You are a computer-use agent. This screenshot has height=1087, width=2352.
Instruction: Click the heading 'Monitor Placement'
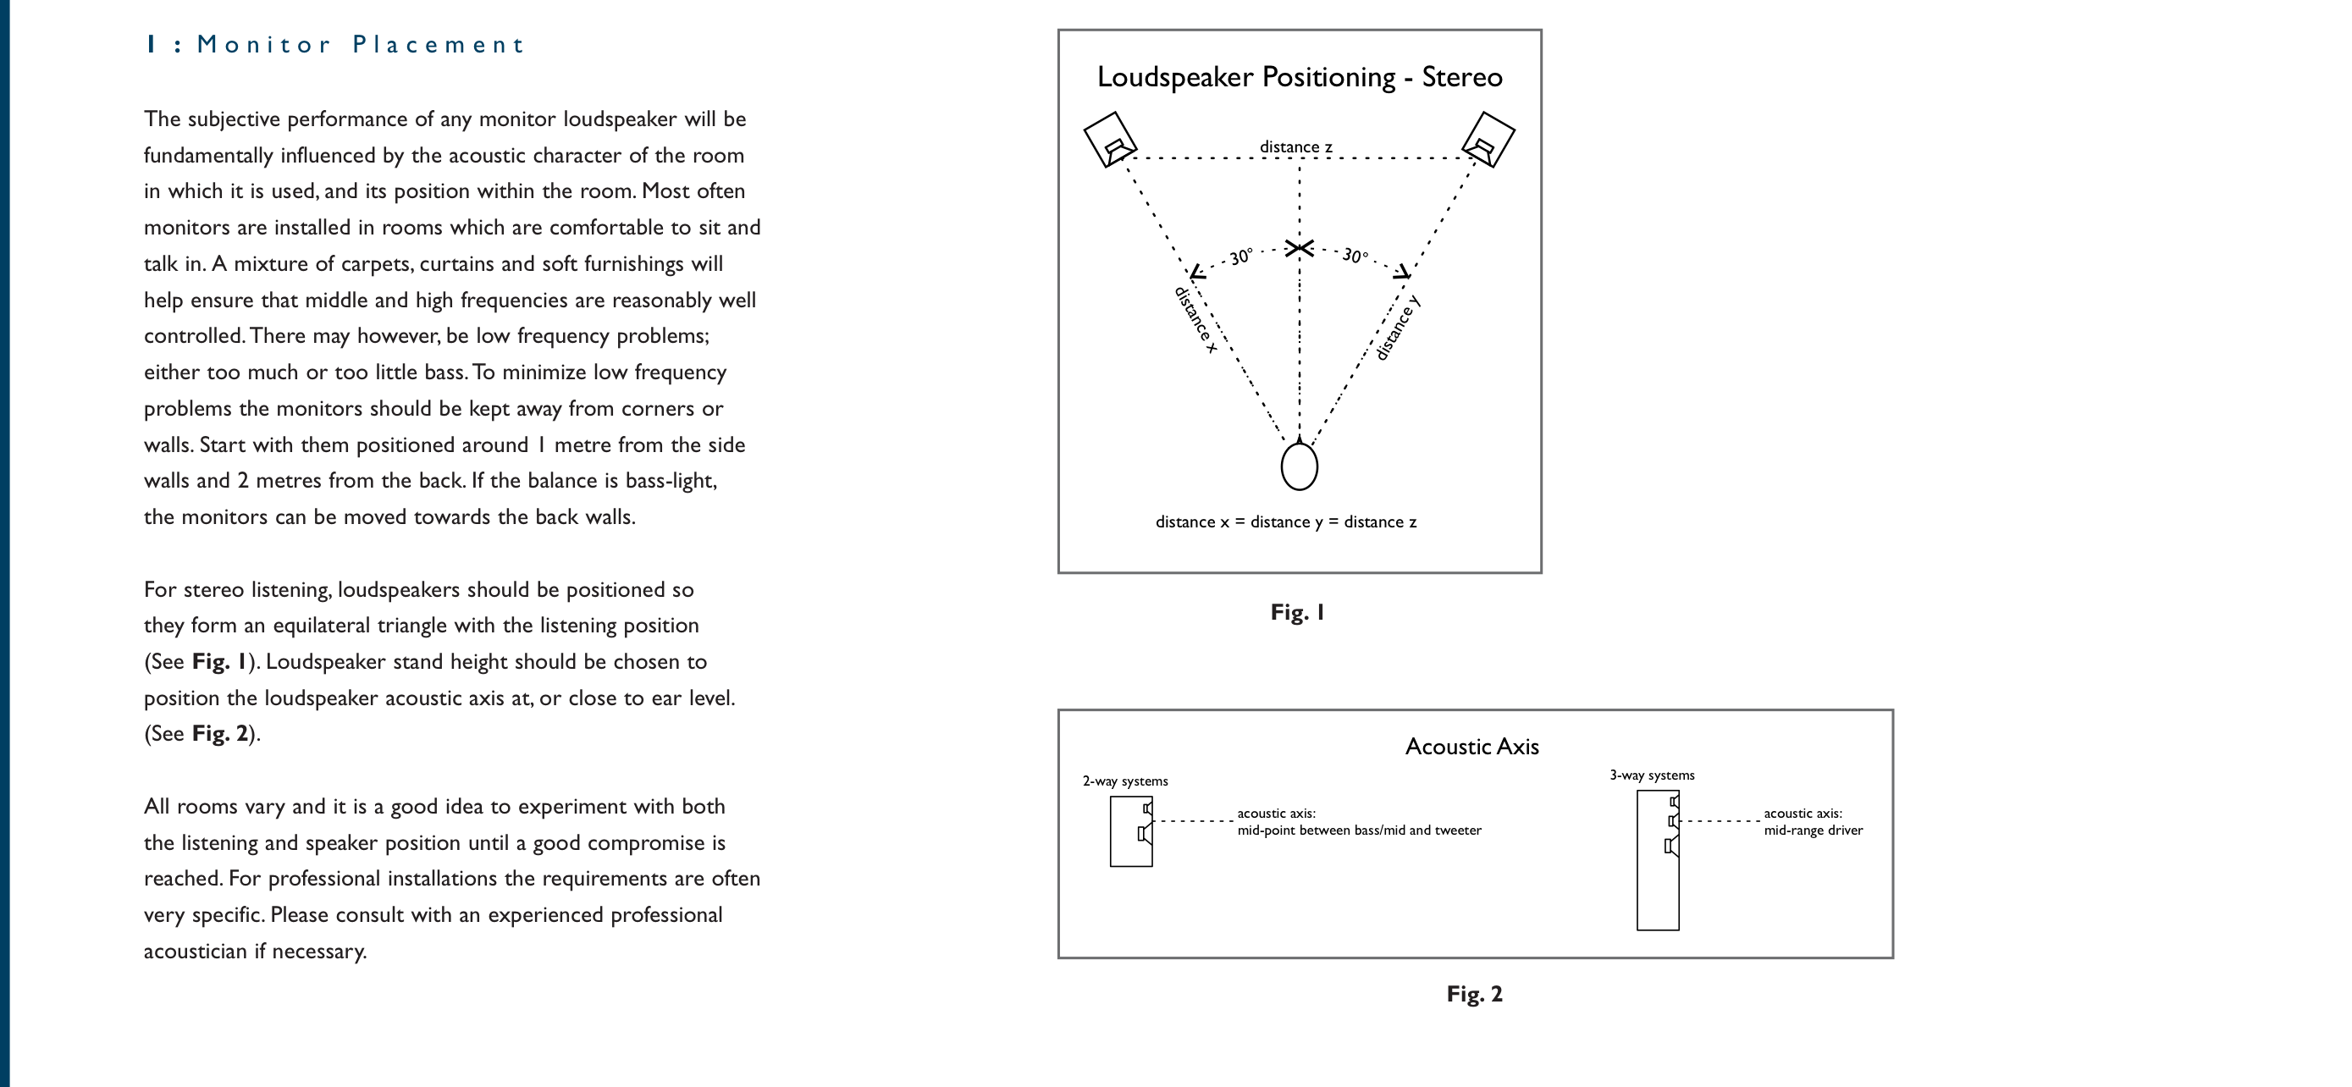pos(360,45)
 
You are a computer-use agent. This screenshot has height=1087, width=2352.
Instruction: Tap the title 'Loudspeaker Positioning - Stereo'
pos(1299,77)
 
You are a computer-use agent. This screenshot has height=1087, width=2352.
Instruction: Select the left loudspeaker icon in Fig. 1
pos(1109,140)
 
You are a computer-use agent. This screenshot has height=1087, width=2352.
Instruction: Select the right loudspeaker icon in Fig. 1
pos(1488,140)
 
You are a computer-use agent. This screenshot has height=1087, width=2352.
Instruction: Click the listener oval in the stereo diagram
pos(1299,466)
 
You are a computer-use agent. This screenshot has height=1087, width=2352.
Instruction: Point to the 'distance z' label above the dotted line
pos(1295,147)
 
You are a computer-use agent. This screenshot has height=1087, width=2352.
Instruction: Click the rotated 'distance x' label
pos(1195,320)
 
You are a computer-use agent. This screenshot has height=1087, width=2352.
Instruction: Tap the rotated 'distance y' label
pos(1398,328)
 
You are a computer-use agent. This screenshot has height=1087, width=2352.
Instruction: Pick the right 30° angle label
pos(1355,256)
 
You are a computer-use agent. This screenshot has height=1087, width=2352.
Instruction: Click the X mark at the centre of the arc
pos(1299,248)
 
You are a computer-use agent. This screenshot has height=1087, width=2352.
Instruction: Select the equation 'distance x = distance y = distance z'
pos(1285,522)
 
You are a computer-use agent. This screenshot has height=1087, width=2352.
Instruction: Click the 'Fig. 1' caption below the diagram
pos(1296,612)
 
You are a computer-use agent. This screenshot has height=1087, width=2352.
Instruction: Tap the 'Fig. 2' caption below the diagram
pos(1474,994)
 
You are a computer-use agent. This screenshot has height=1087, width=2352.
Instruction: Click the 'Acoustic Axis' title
pos(1471,747)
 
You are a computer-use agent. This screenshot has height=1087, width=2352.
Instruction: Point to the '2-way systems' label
pos(1125,781)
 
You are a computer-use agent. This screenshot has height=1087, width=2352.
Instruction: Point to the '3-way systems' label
pos(1651,775)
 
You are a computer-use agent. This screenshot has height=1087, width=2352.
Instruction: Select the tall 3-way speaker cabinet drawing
pos(1656,860)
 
